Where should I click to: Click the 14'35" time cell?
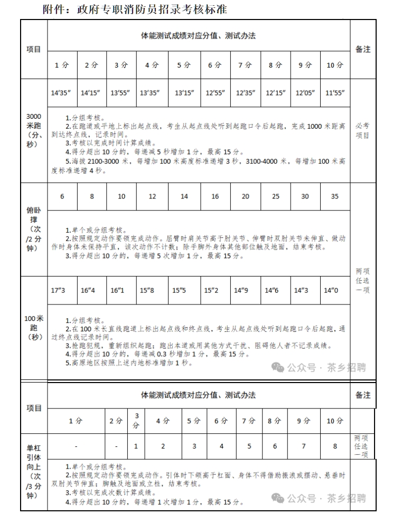(62, 93)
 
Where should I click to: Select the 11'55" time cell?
(335, 93)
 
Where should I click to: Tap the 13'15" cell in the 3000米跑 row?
(184, 93)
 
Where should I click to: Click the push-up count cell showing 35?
(335, 196)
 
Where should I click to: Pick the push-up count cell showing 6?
(62, 196)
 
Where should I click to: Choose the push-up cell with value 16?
(215, 196)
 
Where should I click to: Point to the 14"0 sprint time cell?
(331, 290)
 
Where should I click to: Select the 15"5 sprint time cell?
(179, 290)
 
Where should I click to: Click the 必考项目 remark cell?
(363, 130)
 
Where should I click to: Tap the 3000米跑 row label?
(34, 130)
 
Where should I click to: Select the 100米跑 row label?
(34, 327)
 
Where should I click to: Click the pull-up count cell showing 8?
(335, 446)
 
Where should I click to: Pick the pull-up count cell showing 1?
(136, 446)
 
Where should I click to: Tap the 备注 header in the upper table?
(363, 49)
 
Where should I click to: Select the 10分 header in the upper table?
(335, 65)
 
